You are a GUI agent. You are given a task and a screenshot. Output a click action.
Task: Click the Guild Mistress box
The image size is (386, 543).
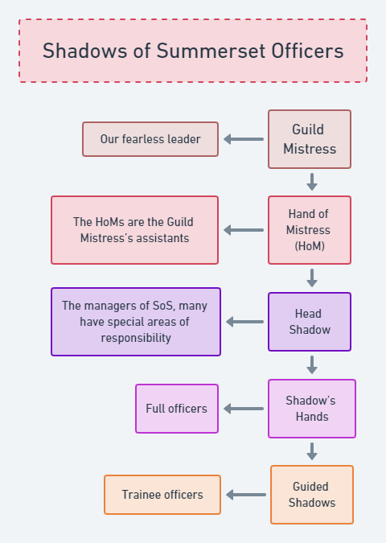coord(310,139)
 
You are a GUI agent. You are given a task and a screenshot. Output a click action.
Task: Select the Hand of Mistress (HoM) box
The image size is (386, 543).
coord(310,230)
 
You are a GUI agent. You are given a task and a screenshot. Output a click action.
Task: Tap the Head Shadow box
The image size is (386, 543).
coord(310,322)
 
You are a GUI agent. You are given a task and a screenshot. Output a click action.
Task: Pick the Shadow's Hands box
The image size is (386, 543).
coord(312,409)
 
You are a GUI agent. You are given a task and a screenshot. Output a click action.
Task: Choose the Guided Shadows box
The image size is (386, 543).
coord(312,495)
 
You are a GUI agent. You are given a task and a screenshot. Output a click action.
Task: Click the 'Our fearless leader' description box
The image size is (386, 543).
coord(150,139)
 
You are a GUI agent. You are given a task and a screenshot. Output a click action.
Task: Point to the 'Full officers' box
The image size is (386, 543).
coord(177,409)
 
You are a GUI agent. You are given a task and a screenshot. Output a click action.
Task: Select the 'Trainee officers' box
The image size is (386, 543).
coord(162,495)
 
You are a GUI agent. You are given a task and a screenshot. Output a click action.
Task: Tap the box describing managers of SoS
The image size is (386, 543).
coord(136,322)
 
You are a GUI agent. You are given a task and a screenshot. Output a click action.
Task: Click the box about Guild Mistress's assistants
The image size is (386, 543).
coord(134,230)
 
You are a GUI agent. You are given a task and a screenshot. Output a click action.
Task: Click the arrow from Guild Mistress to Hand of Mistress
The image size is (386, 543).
coord(312,182)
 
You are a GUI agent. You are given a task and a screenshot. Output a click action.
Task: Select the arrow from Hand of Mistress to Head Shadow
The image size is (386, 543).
coord(312,278)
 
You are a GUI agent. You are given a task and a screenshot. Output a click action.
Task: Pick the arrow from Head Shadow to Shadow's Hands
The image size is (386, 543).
coord(312,365)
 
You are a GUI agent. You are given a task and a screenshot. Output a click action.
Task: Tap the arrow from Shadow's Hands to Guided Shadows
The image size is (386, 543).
coord(312,451)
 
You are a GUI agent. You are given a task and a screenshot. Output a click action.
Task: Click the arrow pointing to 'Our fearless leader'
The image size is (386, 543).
coord(244,139)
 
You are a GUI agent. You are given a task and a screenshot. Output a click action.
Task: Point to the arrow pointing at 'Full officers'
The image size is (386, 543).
coord(244,409)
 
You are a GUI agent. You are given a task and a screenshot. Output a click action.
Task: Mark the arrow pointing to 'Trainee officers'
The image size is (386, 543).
coord(246,495)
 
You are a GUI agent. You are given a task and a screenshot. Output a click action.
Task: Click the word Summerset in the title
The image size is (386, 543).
coord(211,51)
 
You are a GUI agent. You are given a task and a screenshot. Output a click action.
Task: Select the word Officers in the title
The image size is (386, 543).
coord(307,51)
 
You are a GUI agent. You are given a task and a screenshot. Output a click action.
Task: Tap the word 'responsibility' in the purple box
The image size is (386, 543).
coord(136,338)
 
